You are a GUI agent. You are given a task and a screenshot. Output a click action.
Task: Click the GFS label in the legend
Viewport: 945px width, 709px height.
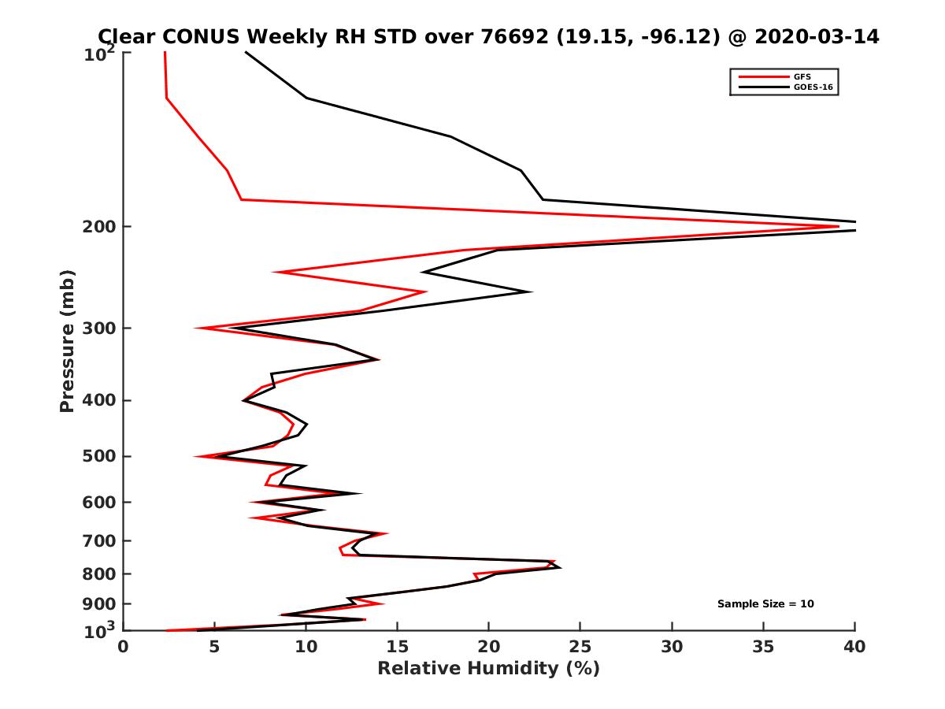point(802,76)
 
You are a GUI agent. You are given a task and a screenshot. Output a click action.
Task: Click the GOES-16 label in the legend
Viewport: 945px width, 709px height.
point(810,87)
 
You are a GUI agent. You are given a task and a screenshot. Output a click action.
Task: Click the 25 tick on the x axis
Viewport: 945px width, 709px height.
point(580,647)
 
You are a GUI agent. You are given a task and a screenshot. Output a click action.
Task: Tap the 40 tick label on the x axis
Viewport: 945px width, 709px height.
point(854,647)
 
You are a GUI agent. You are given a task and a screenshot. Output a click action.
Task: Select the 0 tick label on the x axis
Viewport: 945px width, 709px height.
point(124,647)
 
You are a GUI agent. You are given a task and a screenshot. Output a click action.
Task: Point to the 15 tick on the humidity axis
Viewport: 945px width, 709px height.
point(398,647)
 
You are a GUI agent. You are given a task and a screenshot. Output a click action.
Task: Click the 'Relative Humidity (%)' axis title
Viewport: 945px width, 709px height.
point(488,669)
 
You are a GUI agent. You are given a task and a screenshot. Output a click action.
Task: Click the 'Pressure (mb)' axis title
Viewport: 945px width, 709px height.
point(67,340)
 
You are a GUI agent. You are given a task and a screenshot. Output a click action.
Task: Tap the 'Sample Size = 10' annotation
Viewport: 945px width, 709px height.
point(765,604)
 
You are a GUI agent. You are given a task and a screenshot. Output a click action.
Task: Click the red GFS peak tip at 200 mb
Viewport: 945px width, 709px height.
point(838,227)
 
